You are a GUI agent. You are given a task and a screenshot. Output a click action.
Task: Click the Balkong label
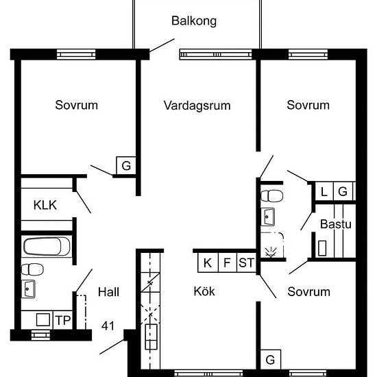[194, 21]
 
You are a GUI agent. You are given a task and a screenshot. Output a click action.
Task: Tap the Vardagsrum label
[197, 106]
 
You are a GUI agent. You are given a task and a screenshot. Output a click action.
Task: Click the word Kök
[204, 291]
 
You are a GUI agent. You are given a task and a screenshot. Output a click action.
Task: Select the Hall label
[108, 292]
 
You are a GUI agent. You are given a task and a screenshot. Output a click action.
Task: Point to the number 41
[108, 326]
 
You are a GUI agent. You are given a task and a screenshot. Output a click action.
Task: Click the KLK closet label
[45, 205]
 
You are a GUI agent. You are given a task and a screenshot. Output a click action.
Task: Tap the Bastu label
[336, 224]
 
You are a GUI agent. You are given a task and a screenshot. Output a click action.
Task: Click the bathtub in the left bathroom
[47, 247]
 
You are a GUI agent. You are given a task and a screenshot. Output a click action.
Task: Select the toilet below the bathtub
[32, 269]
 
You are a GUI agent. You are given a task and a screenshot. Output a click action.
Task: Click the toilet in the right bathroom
[271, 196]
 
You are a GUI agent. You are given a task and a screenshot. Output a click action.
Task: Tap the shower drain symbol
[271, 252]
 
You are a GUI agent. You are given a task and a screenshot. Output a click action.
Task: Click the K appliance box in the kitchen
[208, 263]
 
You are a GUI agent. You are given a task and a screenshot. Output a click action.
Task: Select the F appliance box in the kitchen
[228, 263]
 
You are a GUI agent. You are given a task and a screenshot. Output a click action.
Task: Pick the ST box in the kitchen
[247, 263]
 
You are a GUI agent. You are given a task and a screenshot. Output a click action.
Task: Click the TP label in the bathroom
[63, 320]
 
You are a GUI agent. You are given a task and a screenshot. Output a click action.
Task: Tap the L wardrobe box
[324, 191]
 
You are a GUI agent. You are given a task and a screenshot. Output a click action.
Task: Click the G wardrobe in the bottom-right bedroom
[271, 359]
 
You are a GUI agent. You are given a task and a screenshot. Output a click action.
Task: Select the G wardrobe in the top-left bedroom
[126, 166]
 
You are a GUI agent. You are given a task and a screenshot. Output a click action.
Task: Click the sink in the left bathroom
[28, 289]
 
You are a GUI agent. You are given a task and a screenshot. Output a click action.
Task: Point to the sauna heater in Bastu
[322, 248]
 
